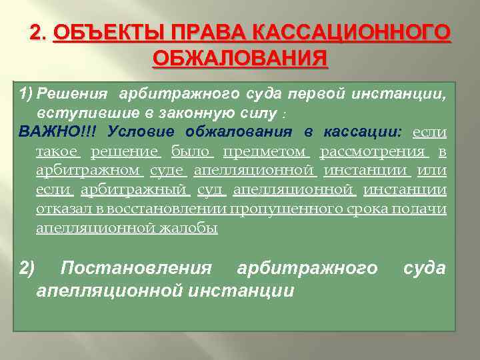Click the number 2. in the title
click(x=39, y=33)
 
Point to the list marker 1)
click(x=26, y=91)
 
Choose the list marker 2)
click(x=27, y=268)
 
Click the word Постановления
click(x=136, y=268)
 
